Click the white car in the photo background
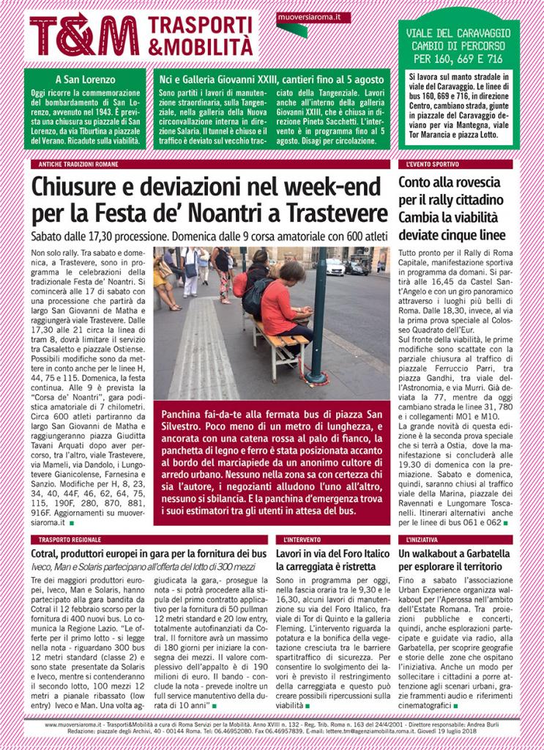[335, 267]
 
